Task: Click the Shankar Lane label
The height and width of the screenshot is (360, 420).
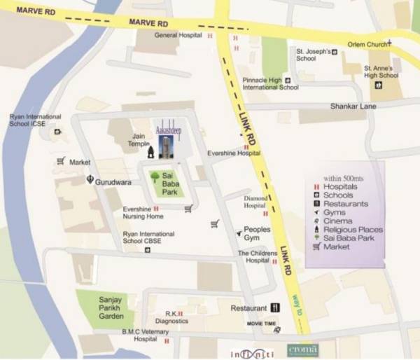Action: (353, 106)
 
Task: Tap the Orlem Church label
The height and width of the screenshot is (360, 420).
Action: (367, 44)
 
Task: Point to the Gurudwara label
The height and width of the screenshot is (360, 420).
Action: (113, 181)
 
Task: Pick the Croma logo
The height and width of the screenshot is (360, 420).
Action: (302, 349)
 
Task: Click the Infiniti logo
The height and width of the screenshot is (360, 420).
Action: (244, 349)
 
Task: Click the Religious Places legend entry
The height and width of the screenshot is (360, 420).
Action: (353, 229)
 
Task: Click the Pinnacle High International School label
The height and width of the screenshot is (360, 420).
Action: (270, 84)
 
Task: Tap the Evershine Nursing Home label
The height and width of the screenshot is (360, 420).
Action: (143, 212)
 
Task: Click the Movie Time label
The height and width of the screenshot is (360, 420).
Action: (260, 323)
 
